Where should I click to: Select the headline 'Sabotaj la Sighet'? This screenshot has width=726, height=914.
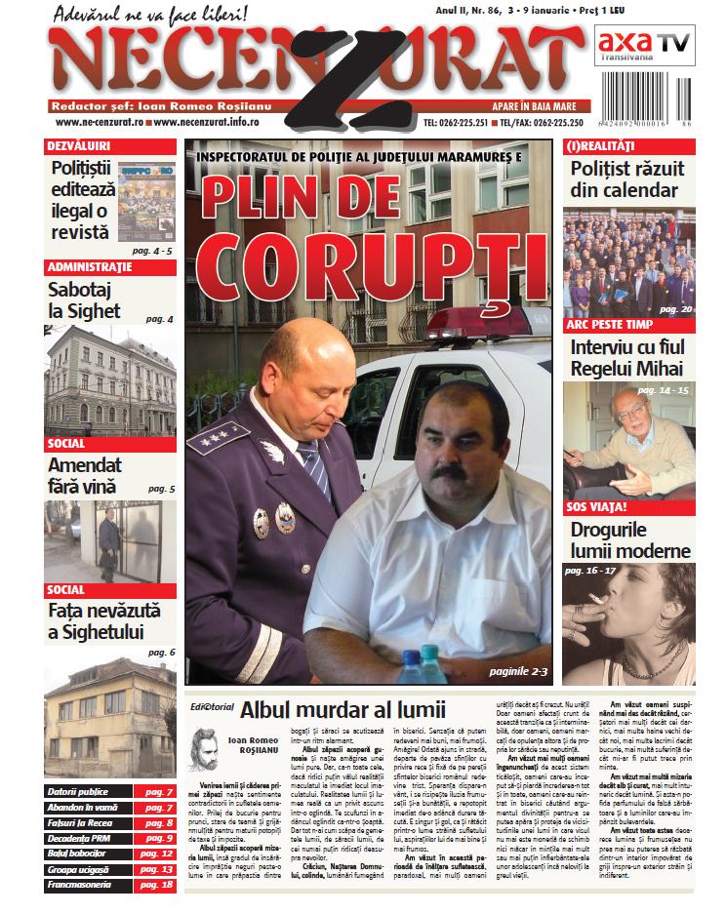coord(85,299)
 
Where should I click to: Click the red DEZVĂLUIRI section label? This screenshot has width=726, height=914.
coord(78,144)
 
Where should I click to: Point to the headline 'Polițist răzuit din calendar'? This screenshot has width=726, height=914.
coord(627,179)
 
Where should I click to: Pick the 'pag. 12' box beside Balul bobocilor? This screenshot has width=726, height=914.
coord(154,854)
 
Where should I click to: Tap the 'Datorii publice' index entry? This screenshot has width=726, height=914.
coord(77,791)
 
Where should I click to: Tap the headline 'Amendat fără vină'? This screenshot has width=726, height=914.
coord(85,475)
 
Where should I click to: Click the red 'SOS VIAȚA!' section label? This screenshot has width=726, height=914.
coord(597,507)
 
